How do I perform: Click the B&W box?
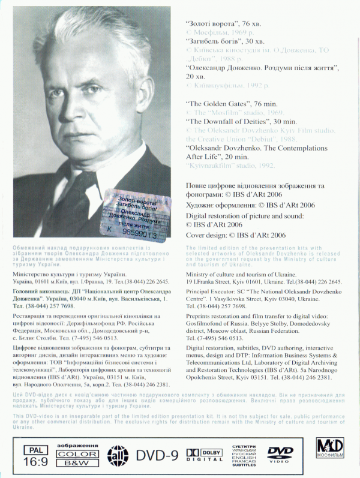pos(69,462)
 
